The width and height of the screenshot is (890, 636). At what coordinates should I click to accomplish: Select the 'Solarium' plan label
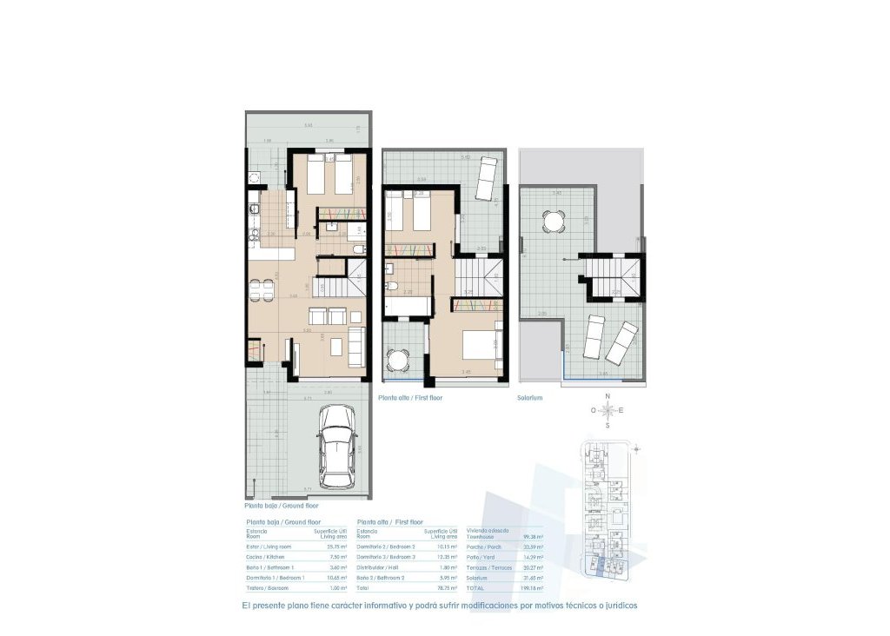coord(529,397)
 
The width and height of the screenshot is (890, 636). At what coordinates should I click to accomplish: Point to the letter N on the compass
coord(608,396)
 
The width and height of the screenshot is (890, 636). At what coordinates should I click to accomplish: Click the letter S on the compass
coord(608,426)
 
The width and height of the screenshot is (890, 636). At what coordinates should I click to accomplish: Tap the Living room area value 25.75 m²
coord(337,546)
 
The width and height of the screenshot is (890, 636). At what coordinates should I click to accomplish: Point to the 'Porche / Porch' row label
coord(484,547)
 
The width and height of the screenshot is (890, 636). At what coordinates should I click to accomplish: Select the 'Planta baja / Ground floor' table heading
coord(284,521)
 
